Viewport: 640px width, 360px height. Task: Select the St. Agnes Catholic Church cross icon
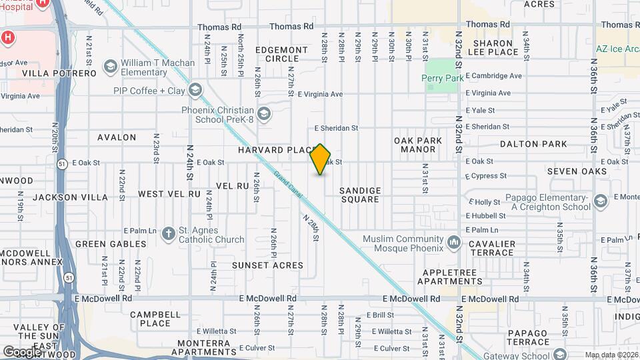(x=169, y=233)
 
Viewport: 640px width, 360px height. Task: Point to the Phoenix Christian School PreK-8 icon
(x=264, y=115)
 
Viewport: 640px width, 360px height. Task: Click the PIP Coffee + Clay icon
(x=195, y=90)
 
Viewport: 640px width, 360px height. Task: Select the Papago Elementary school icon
(x=600, y=201)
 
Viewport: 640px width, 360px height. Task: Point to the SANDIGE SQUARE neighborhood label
(x=360, y=195)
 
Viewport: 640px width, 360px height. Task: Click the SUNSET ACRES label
(x=267, y=265)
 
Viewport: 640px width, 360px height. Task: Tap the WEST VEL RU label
(x=169, y=194)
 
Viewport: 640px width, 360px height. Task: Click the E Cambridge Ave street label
(x=493, y=76)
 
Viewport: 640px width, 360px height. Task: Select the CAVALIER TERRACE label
(x=491, y=248)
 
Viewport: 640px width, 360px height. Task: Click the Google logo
(x=21, y=351)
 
